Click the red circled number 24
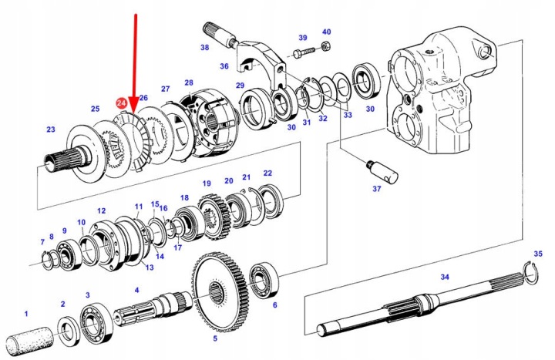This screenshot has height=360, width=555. [122, 103]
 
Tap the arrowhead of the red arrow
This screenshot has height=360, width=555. [134, 109]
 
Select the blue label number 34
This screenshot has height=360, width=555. [445, 277]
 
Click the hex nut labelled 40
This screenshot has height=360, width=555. [325, 46]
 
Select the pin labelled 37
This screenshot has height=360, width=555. [382, 169]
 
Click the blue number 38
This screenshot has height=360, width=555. [204, 47]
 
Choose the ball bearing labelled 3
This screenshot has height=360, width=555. [96, 324]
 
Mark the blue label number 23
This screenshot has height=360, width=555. [51, 130]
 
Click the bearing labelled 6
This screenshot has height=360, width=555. [264, 280]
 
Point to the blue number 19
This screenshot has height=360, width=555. [207, 183]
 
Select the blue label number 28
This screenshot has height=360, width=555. [189, 82]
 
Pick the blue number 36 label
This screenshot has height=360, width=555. [224, 66]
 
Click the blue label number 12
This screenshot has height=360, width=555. [101, 210]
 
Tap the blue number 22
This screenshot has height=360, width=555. [267, 173]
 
